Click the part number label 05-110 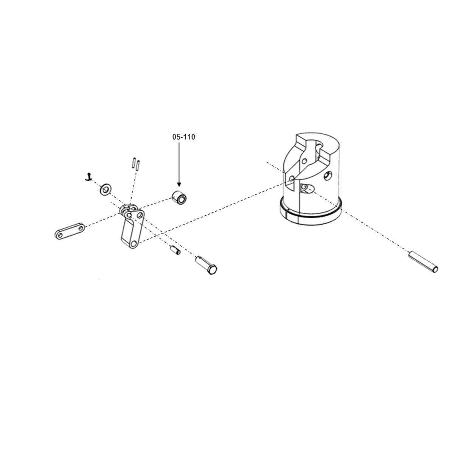tap(183, 137)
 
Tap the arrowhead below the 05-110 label tap(179, 184)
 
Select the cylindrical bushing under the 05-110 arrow tap(180, 197)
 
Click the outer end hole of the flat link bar tap(60, 235)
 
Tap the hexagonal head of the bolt tap(212, 269)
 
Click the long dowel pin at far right tap(423, 262)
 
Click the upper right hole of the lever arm tap(141, 215)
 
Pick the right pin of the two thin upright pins tap(138, 165)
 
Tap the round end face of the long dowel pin tap(435, 269)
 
